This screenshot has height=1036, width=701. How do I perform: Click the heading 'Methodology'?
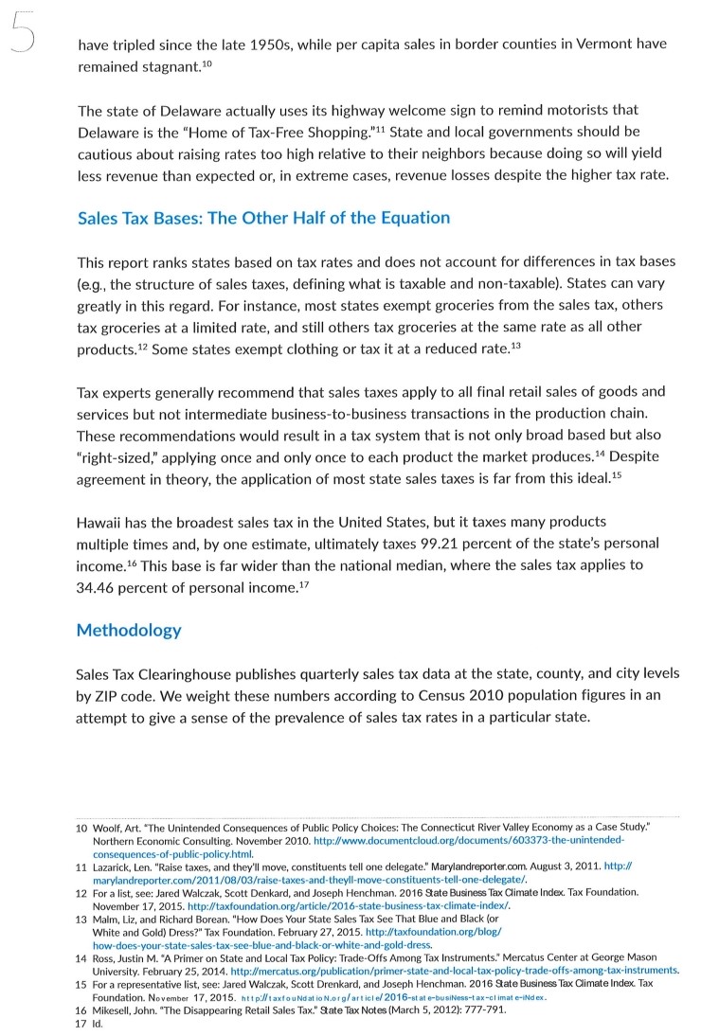(x=128, y=630)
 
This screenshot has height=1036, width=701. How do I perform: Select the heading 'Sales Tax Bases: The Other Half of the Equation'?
(x=263, y=218)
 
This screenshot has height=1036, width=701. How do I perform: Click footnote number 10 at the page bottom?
(x=81, y=828)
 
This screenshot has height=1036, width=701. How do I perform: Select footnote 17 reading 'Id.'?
(x=93, y=1023)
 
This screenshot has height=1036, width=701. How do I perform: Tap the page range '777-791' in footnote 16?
(x=482, y=1010)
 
